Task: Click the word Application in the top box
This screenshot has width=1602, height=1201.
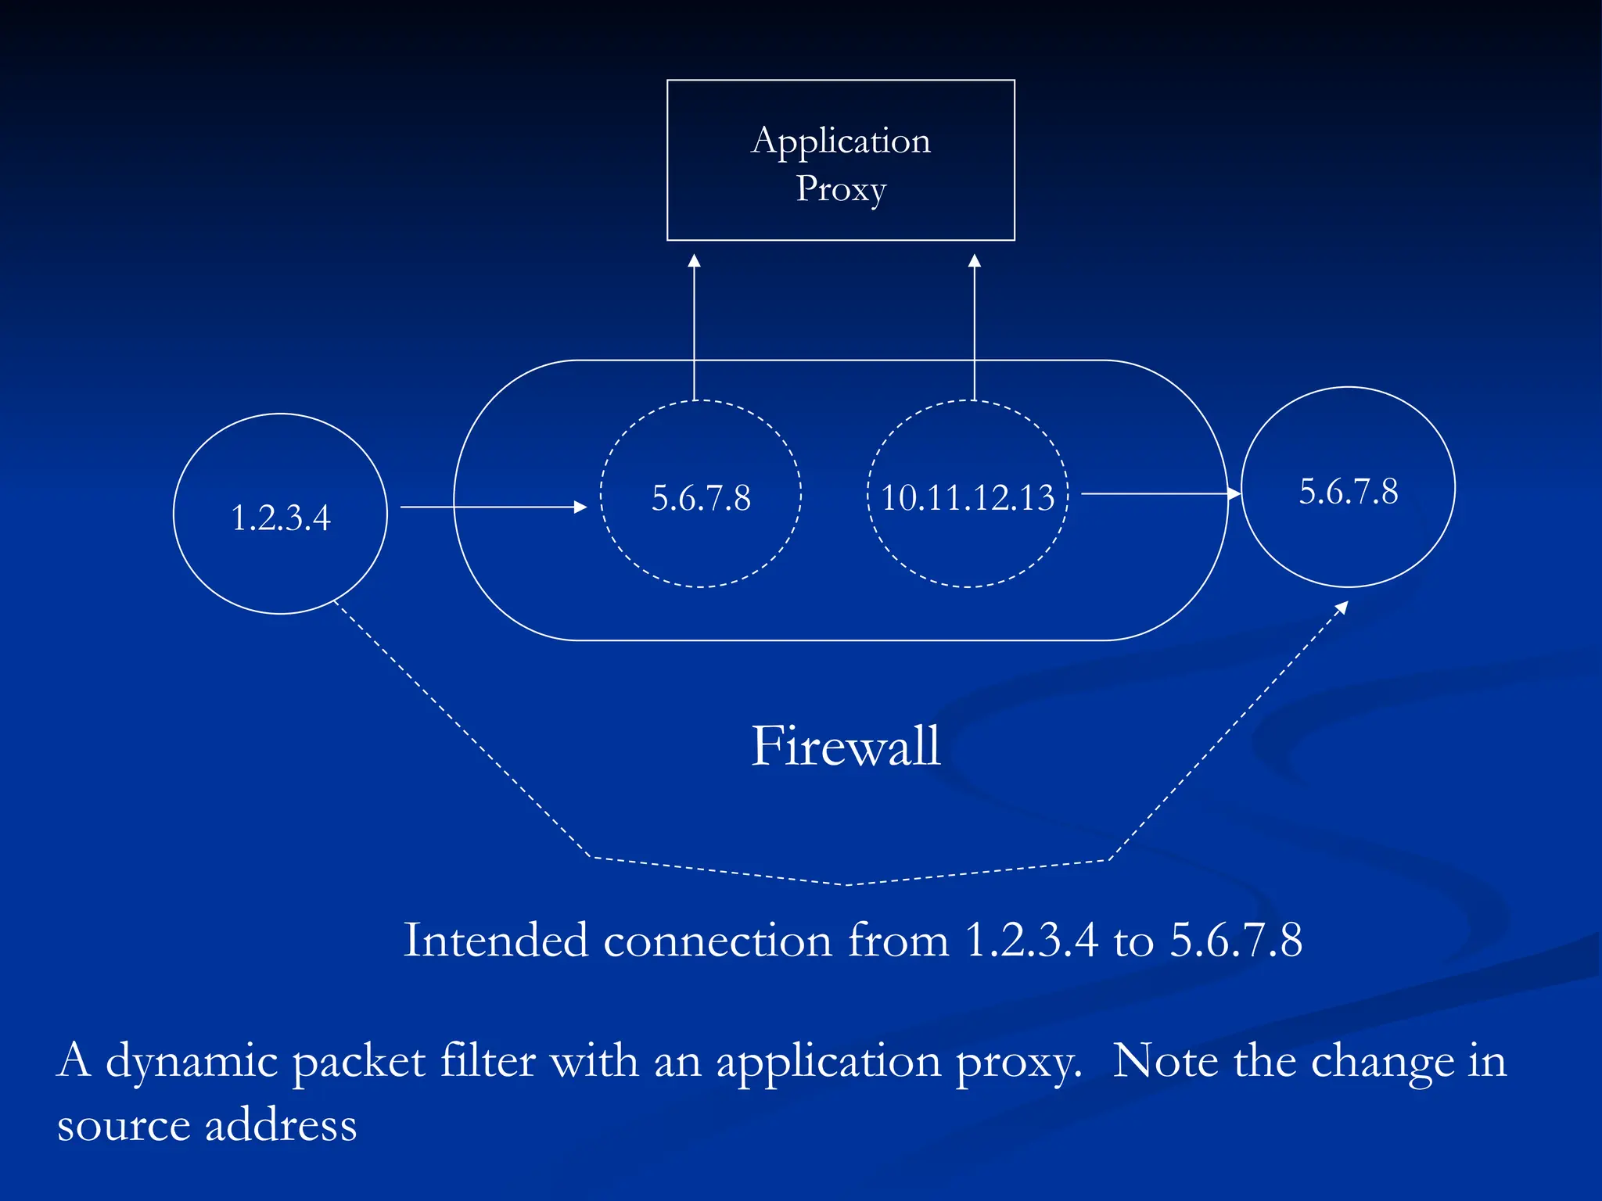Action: pyautogui.click(x=841, y=142)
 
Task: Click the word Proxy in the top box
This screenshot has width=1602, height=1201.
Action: pyautogui.click(x=841, y=188)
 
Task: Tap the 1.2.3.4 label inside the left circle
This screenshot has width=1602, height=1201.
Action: pyautogui.click(x=281, y=518)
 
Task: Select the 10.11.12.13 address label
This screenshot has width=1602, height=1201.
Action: pyautogui.click(x=968, y=498)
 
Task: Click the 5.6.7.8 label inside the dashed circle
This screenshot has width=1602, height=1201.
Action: pyautogui.click(x=701, y=498)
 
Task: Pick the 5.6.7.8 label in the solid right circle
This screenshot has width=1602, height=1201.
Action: pyautogui.click(x=1349, y=492)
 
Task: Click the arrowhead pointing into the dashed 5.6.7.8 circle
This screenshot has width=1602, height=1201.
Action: pyautogui.click(x=580, y=507)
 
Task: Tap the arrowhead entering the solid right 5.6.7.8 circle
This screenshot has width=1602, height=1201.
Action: pyautogui.click(x=1234, y=493)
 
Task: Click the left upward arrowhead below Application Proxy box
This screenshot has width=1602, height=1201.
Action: pyautogui.click(x=694, y=261)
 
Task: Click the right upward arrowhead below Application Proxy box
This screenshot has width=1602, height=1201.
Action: pyautogui.click(x=974, y=261)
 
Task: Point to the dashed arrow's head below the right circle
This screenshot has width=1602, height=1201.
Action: pyautogui.click(x=1342, y=607)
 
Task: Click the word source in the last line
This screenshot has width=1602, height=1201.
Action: pyautogui.click(x=124, y=1126)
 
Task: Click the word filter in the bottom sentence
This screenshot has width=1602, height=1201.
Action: pyautogui.click(x=488, y=1061)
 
